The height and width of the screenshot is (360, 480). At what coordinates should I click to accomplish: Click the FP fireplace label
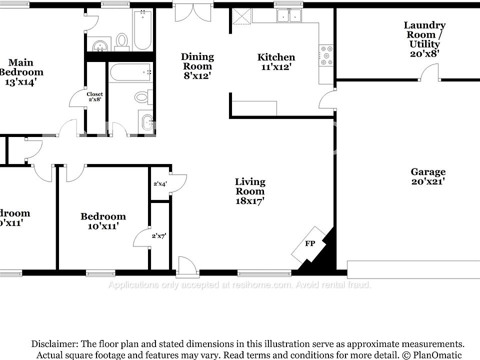tap(310, 244)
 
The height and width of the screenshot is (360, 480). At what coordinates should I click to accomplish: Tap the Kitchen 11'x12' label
tap(276, 61)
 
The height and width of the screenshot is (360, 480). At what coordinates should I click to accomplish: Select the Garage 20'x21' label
tap(428, 176)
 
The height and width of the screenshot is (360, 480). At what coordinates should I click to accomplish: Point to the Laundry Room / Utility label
tap(424, 39)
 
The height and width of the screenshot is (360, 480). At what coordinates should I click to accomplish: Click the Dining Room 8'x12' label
tap(197, 66)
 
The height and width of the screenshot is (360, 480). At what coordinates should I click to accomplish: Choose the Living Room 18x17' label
tap(250, 191)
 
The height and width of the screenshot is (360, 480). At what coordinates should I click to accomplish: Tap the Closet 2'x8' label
tap(94, 96)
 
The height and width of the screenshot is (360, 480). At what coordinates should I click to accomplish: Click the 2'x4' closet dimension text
tap(160, 184)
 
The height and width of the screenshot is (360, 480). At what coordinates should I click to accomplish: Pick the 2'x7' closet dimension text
tap(159, 235)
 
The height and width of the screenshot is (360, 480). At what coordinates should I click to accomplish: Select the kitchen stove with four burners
tap(326, 55)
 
